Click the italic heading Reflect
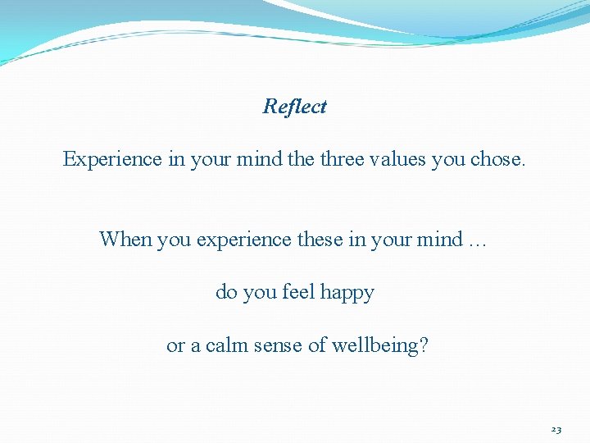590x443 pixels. click(295, 107)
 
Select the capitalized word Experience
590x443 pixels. click(113, 159)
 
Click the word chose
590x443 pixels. click(497, 159)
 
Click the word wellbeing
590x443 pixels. click(374, 345)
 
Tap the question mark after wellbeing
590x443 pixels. click(422, 345)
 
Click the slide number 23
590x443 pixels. click(556, 429)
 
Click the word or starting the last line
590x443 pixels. click(175, 346)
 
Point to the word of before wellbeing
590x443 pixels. click(317, 345)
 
